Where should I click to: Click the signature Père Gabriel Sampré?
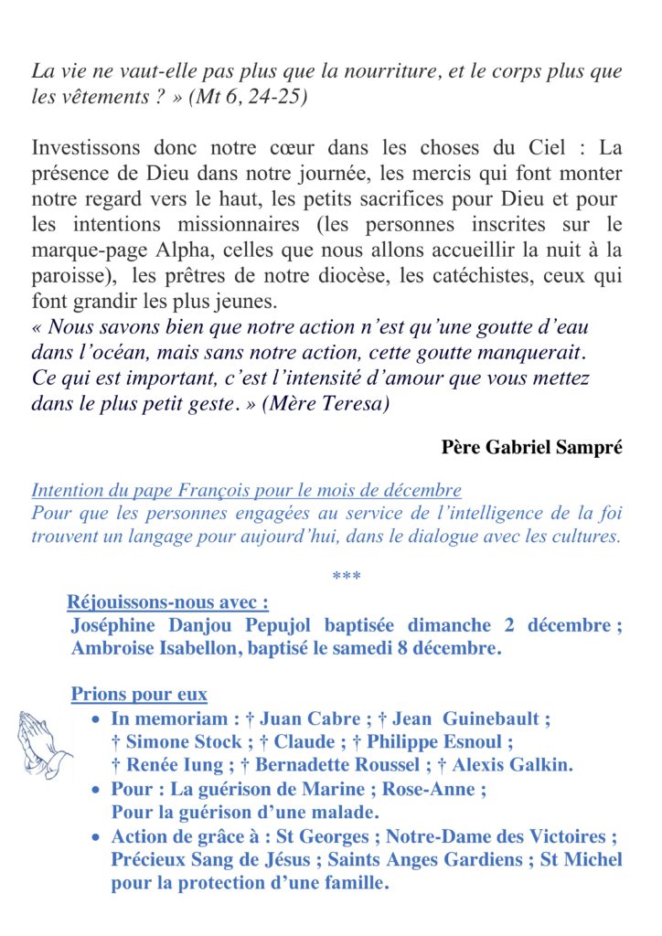(x=531, y=447)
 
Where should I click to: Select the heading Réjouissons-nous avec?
(x=168, y=602)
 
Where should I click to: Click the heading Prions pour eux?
(x=139, y=695)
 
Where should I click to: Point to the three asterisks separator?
(x=347, y=577)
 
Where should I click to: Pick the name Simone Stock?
(x=182, y=742)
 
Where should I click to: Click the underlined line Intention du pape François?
(x=246, y=490)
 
